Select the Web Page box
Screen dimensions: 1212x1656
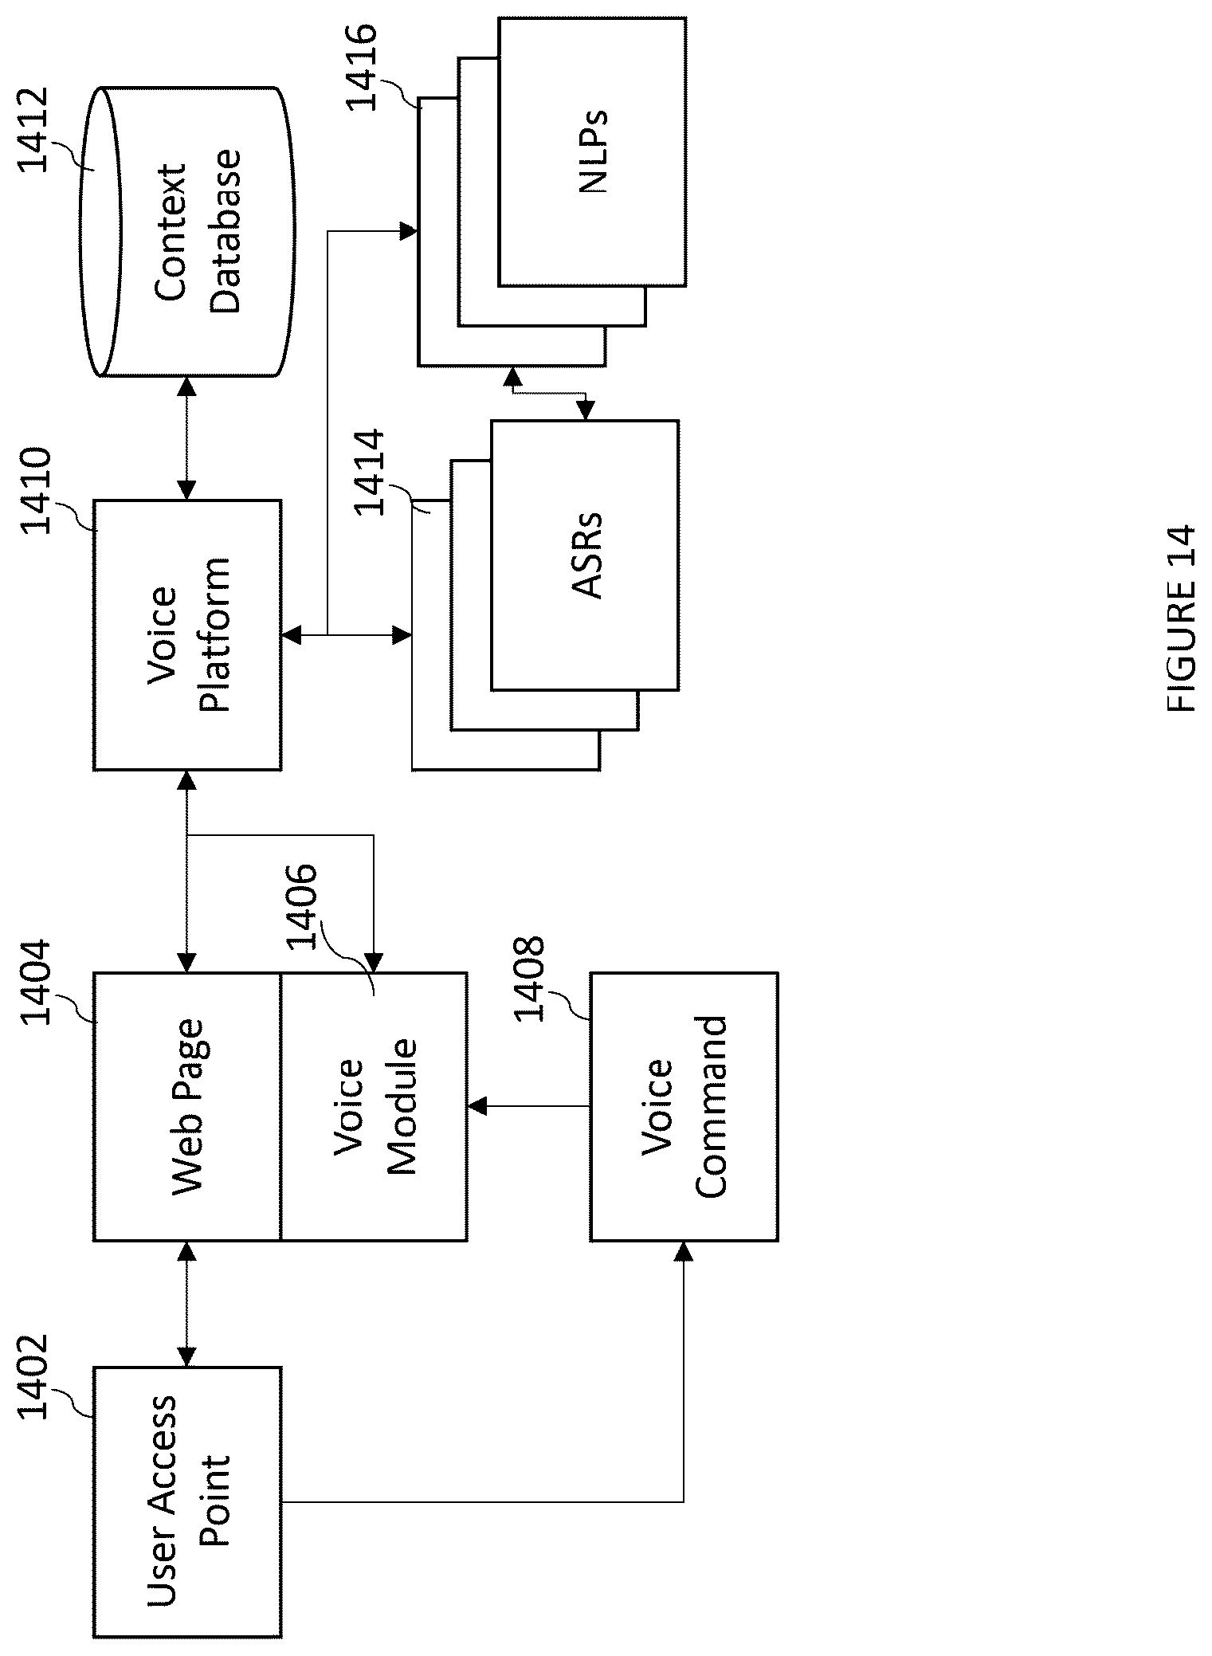(x=187, y=1106)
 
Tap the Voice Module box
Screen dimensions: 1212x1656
(x=374, y=1106)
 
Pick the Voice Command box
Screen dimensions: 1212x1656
(x=684, y=1106)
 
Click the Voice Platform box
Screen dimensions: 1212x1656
(x=187, y=634)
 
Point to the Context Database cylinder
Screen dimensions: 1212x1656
(x=187, y=231)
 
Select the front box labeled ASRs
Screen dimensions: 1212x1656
(x=584, y=555)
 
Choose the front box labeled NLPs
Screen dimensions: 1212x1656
(x=592, y=151)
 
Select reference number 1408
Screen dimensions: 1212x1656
(x=528, y=977)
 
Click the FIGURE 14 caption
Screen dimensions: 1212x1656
(x=1180, y=618)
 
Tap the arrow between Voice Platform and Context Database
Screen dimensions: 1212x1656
(x=187, y=438)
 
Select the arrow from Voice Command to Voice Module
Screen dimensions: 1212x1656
(x=529, y=1106)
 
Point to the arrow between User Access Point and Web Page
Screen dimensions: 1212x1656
(x=187, y=1304)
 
